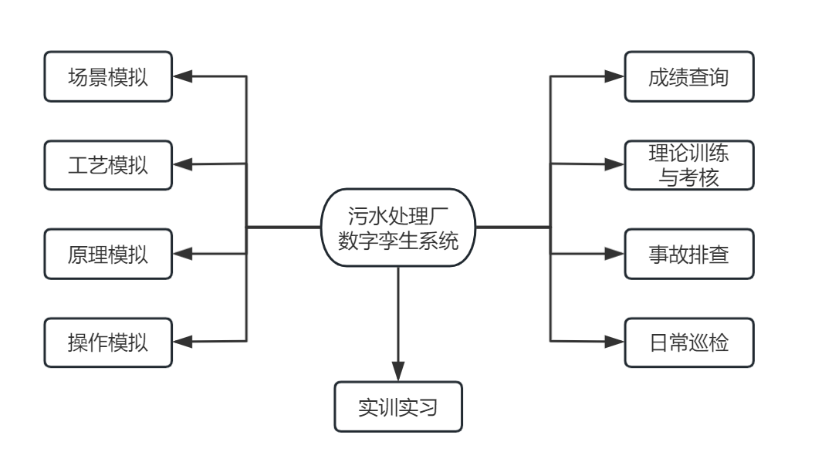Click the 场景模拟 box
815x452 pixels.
tap(108, 77)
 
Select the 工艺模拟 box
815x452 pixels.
tap(108, 165)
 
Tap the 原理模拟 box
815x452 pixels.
tap(108, 254)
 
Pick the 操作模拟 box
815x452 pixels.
tap(108, 341)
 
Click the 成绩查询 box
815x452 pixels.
tap(688, 77)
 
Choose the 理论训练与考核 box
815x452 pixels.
tap(688, 165)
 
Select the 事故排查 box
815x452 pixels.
tap(688, 254)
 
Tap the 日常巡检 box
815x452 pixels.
tap(688, 341)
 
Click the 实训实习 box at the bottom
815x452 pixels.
tap(398, 406)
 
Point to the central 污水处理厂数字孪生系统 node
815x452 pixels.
tap(398, 228)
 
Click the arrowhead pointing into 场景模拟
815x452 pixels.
tap(182, 76)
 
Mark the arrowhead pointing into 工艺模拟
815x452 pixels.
tap(182, 164)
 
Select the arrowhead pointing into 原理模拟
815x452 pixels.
tap(182, 253)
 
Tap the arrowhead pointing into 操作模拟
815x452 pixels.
tap(182, 341)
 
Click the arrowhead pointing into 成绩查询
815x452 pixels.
tap(614, 76)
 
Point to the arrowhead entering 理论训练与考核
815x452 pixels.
tap(614, 164)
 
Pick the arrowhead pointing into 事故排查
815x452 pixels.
tap(614, 253)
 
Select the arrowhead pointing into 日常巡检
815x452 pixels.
tap(614, 341)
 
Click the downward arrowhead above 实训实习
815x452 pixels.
tap(398, 371)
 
